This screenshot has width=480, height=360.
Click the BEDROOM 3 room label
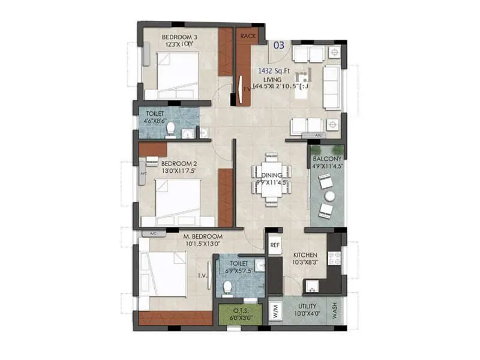click(179, 37)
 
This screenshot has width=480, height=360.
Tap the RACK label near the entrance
click(248, 36)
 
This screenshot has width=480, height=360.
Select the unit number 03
click(279, 45)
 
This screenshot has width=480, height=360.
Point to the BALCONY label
click(327, 159)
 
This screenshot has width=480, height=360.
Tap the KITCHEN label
click(305, 255)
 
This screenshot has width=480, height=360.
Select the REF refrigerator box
click(275, 245)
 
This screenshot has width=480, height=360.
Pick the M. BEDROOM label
click(203, 237)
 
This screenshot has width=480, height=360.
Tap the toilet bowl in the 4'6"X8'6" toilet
click(170, 128)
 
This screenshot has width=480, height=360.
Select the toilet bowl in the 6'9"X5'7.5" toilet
click(227, 289)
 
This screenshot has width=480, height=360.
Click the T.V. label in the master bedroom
click(202, 277)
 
